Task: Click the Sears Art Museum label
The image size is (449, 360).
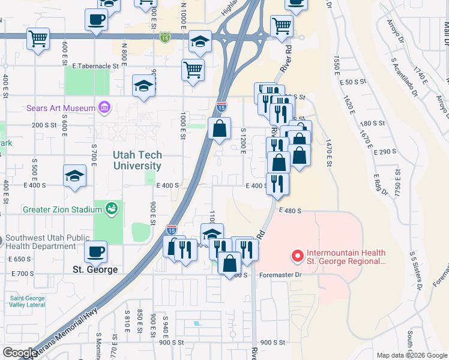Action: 61,109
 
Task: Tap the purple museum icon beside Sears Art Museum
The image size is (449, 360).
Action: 104,108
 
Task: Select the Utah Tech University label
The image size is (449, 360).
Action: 137,161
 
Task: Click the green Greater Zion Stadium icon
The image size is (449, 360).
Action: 110,209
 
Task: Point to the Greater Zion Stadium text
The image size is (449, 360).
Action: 62,209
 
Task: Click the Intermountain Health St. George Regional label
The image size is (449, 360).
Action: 346,257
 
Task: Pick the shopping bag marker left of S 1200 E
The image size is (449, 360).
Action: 220,127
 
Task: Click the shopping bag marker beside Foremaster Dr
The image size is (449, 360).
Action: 230,262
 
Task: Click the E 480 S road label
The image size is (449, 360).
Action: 289,211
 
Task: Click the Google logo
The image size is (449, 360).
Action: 19,353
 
